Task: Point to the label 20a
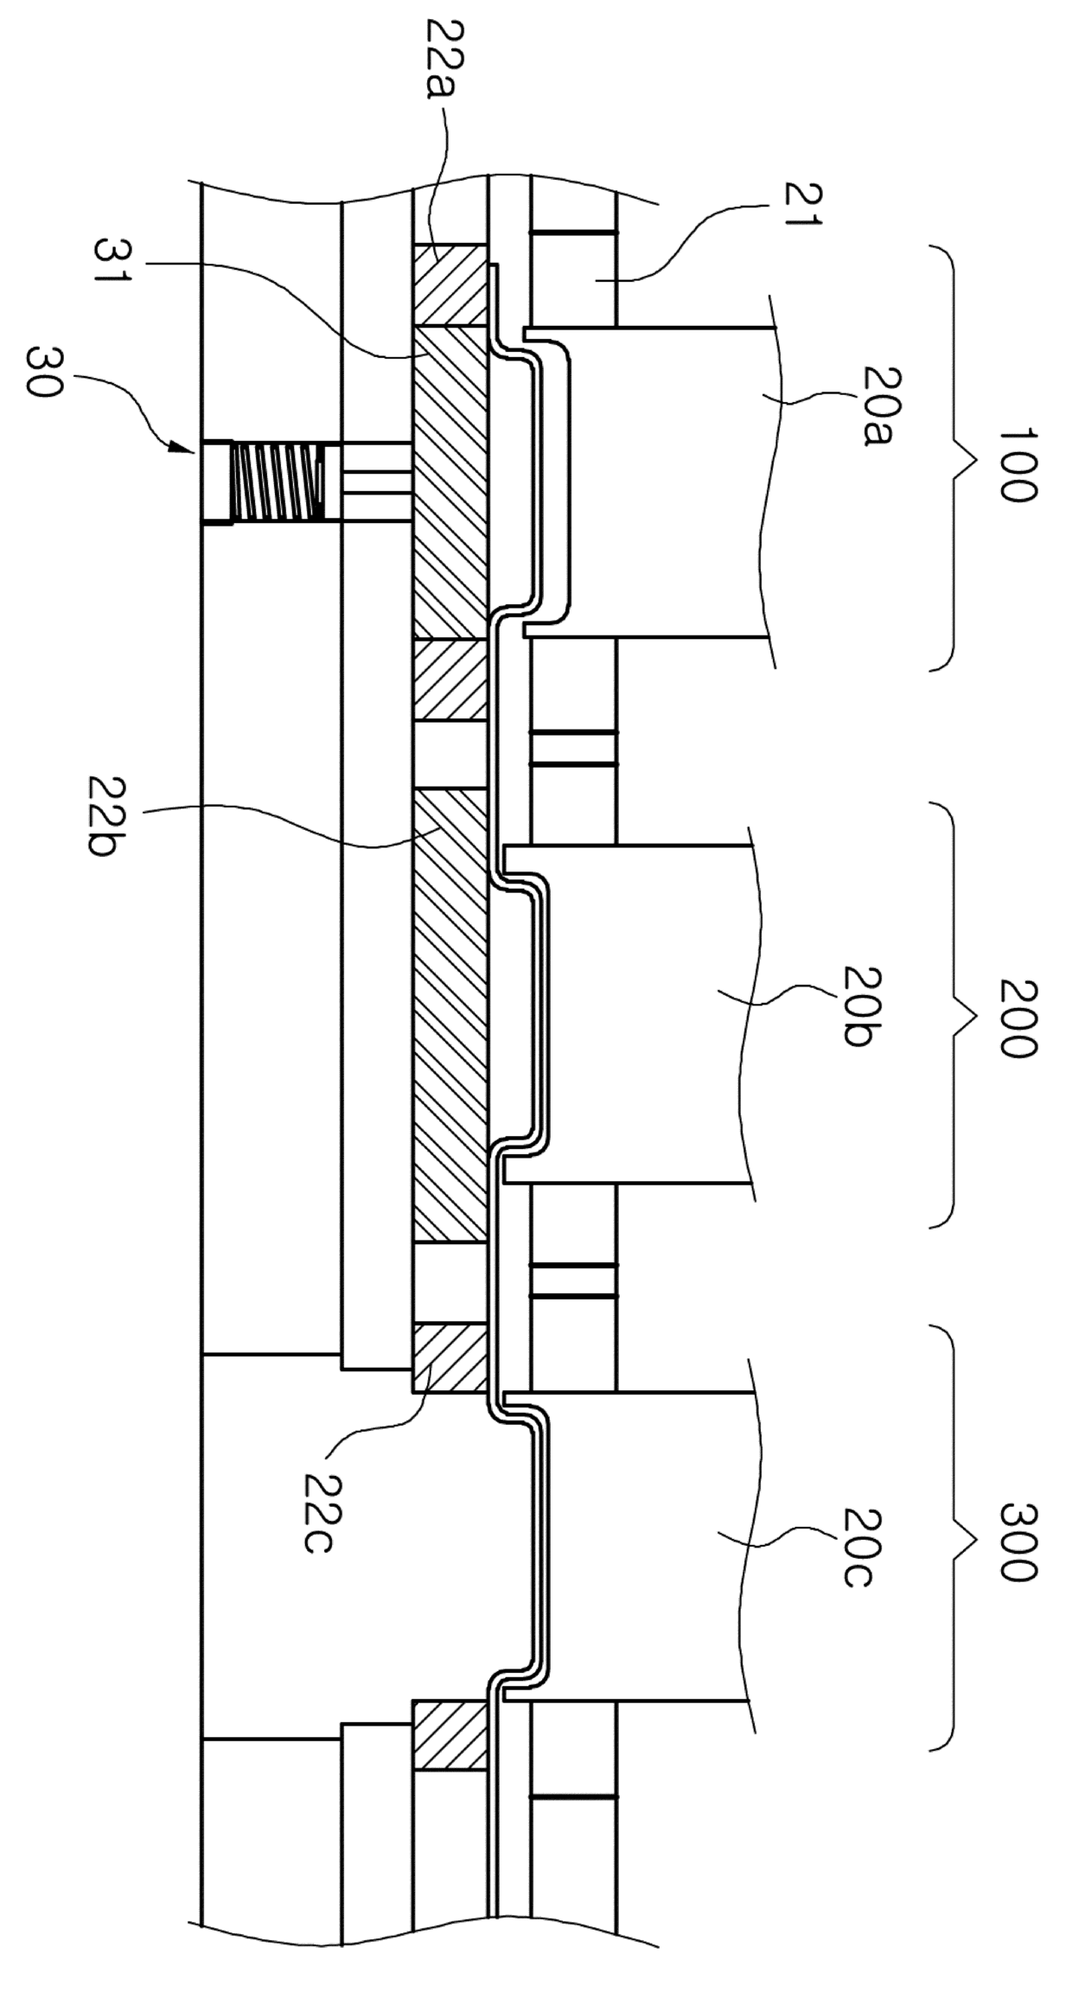pos(881,405)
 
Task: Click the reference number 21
pos(803,203)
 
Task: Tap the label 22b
pos(108,816)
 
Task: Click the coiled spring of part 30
pos(278,482)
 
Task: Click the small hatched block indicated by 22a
pos(450,284)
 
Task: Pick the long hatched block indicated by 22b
pos(450,1016)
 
